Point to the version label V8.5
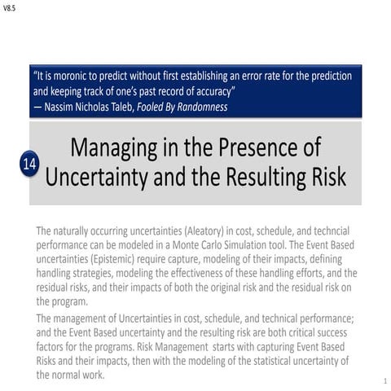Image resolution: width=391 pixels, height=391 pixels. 10,7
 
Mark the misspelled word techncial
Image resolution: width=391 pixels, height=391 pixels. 327,231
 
